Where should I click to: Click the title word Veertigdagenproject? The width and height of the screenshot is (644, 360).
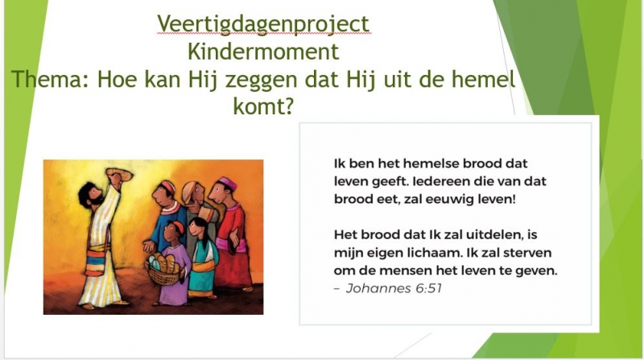click(263, 24)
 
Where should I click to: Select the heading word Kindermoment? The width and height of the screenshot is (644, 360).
click(263, 52)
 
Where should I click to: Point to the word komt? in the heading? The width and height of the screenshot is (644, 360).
click(263, 106)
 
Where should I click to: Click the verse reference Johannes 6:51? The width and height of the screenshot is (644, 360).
click(394, 288)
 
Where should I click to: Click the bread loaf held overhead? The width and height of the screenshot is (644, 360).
click(119, 174)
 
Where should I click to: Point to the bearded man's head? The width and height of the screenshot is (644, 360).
click(91, 195)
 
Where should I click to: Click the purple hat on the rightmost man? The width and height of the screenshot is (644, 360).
click(227, 184)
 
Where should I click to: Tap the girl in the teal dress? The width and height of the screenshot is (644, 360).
click(203, 258)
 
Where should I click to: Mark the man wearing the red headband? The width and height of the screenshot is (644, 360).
click(167, 217)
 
